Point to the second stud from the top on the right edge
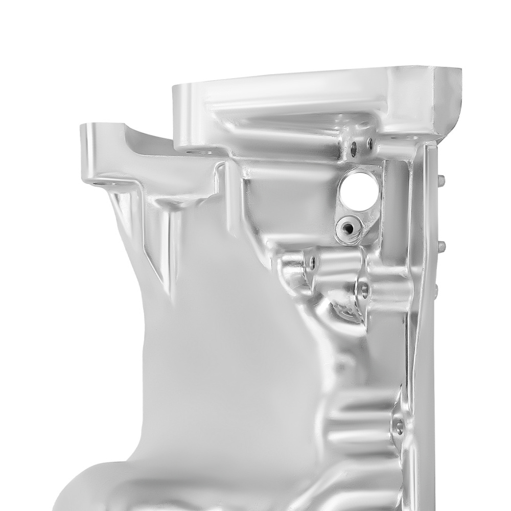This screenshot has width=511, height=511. pos(442,246)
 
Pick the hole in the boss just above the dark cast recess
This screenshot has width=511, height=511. pos(364,290)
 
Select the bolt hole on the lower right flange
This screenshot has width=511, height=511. pos(398,425)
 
